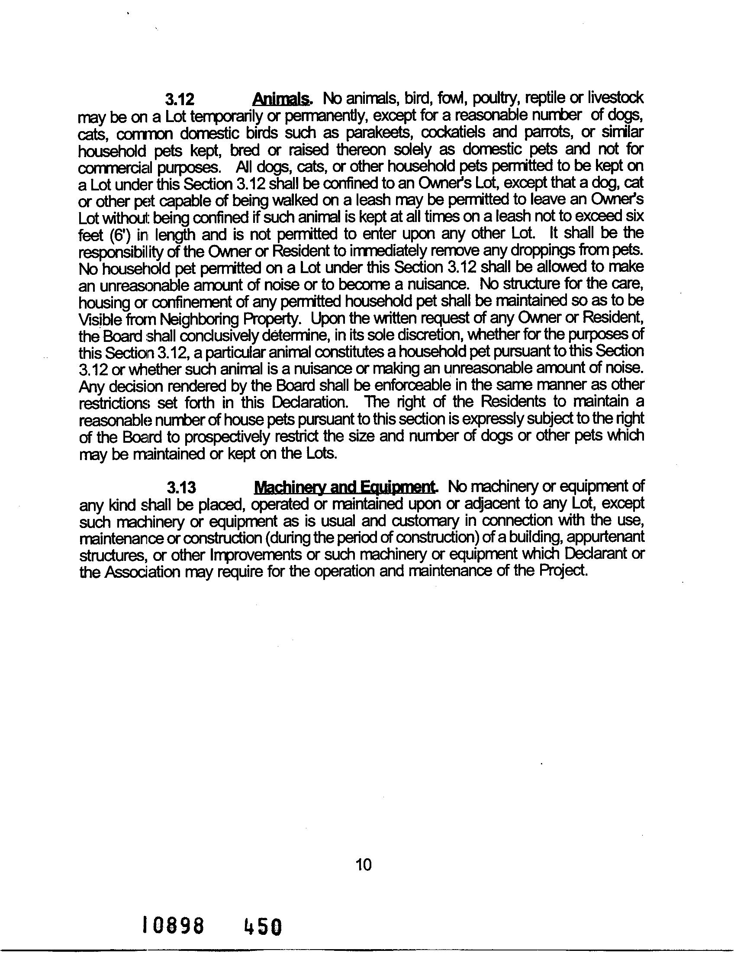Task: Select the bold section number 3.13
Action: (181, 488)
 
